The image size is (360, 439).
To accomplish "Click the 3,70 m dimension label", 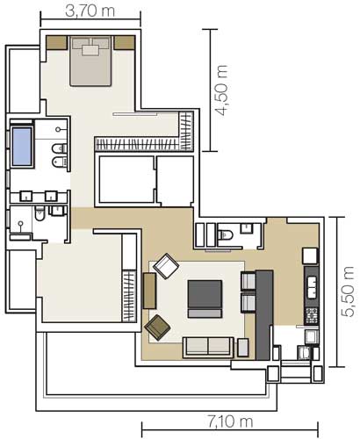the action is click(90, 11).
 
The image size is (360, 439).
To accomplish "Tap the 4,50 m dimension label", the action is click(220, 90).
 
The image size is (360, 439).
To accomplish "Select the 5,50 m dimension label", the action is click(349, 291).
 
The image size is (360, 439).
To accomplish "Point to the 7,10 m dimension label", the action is click(230, 422).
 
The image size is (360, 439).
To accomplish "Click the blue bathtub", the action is click(22, 147).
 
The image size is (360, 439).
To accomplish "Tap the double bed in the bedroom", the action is click(90, 61).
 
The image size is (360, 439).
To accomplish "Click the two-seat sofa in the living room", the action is click(208, 348).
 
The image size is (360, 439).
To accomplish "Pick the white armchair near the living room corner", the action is click(166, 266).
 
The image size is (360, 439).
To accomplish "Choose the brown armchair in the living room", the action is click(158, 327).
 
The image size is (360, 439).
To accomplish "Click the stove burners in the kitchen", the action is click(312, 315).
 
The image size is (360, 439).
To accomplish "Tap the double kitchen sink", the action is click(312, 287).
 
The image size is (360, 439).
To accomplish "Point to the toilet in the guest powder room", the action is click(226, 234).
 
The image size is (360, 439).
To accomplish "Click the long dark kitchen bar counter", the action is click(264, 315).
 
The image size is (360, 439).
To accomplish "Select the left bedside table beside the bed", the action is click(57, 43).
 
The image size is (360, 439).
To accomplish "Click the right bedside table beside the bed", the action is click(125, 43).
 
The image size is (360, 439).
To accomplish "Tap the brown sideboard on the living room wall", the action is click(149, 291).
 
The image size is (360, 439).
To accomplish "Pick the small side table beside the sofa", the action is click(243, 348).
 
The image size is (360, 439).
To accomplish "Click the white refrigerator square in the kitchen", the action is click(310, 256).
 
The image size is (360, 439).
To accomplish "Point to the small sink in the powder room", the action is click(247, 228).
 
